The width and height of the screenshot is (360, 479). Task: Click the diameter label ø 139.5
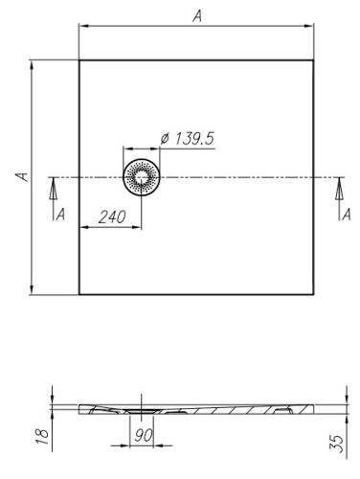(x=187, y=139)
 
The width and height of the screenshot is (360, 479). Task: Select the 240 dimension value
(x=113, y=217)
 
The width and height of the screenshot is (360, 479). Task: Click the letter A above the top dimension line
(x=197, y=15)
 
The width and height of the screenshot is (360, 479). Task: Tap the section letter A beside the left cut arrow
(x=60, y=213)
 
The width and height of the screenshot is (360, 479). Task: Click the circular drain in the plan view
(x=142, y=177)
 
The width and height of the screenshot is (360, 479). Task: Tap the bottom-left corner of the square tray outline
(x=79, y=294)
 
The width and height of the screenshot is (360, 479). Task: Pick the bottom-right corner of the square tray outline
(x=316, y=294)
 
